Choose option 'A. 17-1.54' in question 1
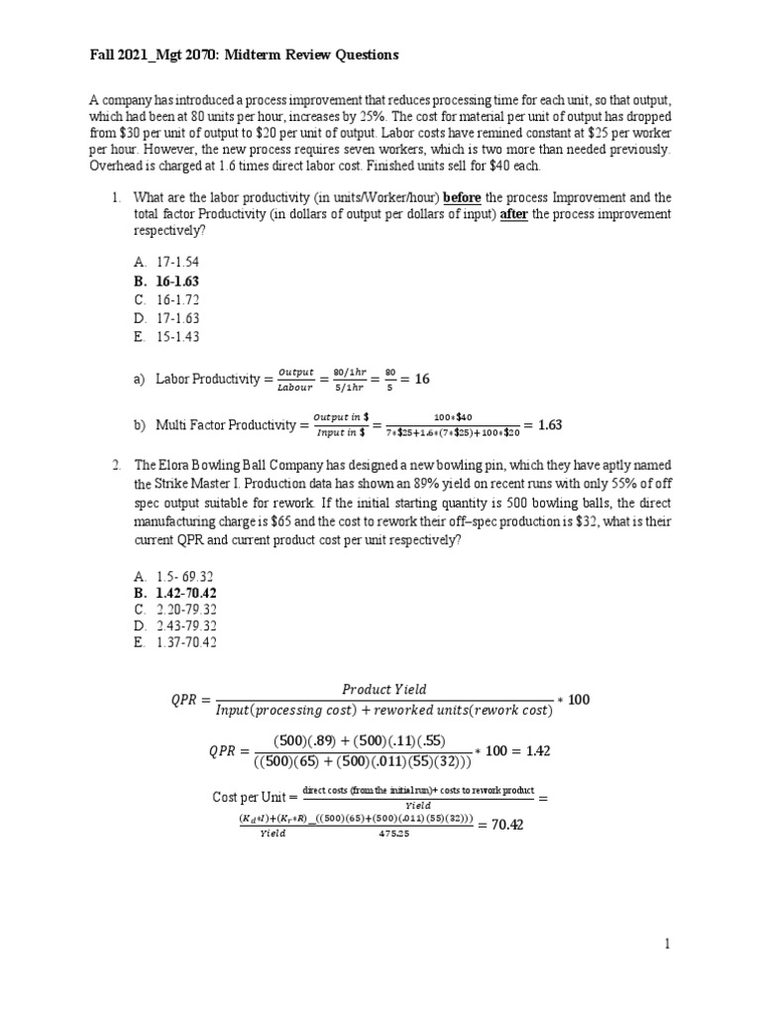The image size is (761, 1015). [x=168, y=263]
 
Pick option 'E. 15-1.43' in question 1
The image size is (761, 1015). [x=168, y=337]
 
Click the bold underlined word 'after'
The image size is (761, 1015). [x=512, y=214]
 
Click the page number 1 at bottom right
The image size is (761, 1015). [x=668, y=945]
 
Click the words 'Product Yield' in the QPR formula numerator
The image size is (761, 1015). [x=383, y=690]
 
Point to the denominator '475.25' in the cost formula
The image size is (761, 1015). [x=402, y=835]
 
